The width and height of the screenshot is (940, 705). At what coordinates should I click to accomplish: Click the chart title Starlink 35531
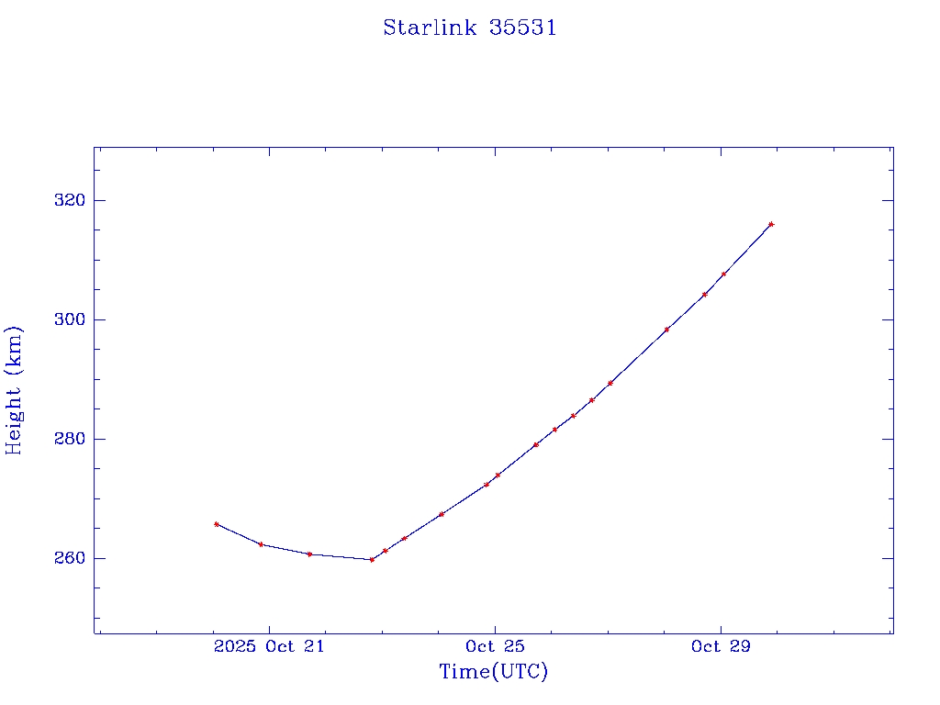(x=470, y=28)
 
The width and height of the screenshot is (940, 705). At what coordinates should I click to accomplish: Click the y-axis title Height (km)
(x=15, y=390)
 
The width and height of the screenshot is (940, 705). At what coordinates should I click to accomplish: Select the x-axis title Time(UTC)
(x=493, y=672)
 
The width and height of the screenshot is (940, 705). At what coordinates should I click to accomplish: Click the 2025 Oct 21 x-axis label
(x=268, y=647)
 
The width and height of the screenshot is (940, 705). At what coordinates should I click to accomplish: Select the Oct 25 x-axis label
(x=495, y=647)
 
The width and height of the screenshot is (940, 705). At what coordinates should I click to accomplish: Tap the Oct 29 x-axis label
(x=721, y=647)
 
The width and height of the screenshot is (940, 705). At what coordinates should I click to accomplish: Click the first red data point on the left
(x=216, y=524)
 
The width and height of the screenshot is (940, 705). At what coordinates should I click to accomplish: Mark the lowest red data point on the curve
(x=372, y=559)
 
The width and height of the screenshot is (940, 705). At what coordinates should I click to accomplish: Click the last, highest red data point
(x=771, y=224)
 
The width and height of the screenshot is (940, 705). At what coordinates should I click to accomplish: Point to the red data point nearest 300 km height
(x=666, y=329)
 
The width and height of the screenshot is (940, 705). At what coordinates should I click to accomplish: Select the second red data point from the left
(x=261, y=544)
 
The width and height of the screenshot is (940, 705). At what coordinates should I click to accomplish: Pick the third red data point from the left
(x=309, y=554)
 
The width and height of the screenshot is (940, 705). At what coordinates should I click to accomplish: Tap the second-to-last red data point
(x=723, y=274)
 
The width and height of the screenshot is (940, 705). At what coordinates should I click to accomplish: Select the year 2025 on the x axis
(x=234, y=647)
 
